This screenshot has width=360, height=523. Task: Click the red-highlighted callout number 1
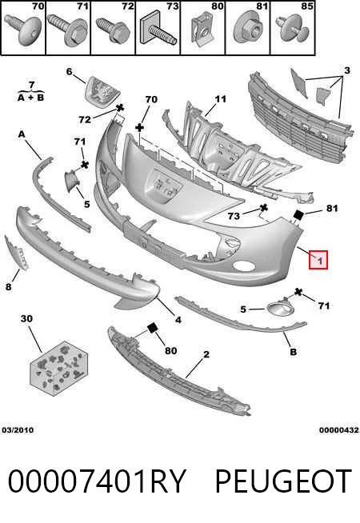click(318, 260)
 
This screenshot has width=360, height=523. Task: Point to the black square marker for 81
click(298, 215)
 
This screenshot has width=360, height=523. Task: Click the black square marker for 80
click(153, 328)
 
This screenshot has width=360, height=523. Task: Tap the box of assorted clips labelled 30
click(59, 368)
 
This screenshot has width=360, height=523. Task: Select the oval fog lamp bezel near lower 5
click(279, 309)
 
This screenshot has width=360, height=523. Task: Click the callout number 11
click(221, 99)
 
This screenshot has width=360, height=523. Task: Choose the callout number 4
click(178, 320)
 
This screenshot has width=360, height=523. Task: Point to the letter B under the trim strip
click(293, 352)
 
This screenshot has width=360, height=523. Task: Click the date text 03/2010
click(18, 430)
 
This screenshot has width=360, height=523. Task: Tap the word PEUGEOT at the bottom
click(283, 481)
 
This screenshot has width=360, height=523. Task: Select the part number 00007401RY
click(97, 481)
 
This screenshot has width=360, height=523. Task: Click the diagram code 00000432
click(338, 430)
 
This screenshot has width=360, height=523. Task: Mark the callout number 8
click(8, 286)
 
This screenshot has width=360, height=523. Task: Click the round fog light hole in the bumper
click(243, 266)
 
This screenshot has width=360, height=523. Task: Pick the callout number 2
click(206, 354)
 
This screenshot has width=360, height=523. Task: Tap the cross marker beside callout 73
click(263, 208)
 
